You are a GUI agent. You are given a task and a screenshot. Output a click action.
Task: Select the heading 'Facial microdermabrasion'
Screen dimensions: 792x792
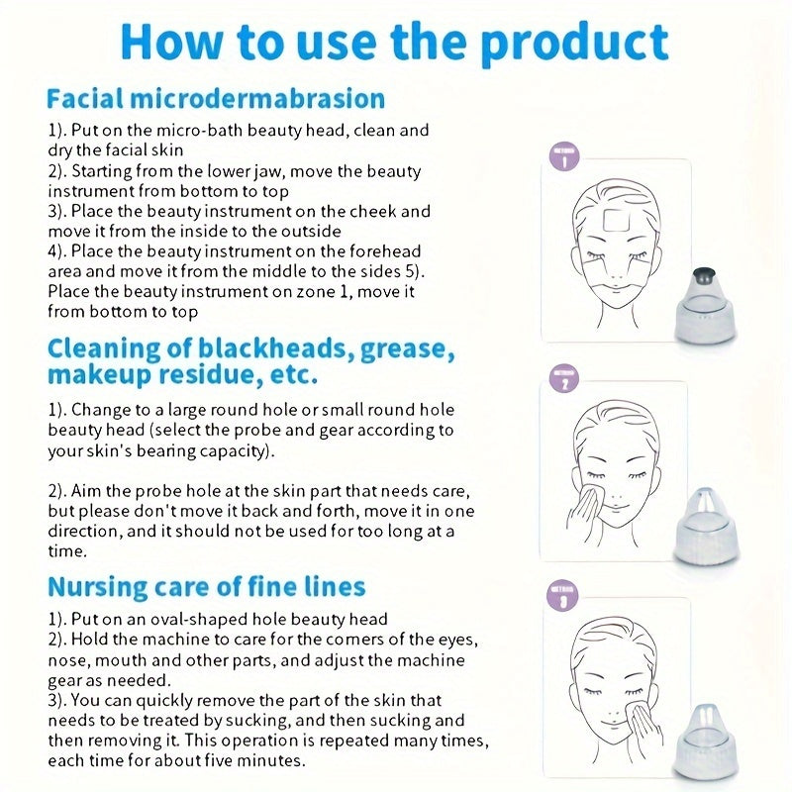[x=215, y=99]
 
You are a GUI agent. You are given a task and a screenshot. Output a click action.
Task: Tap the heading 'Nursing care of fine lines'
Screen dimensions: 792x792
[x=207, y=586]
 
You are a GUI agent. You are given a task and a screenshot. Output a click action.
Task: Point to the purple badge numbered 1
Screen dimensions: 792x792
[x=563, y=158]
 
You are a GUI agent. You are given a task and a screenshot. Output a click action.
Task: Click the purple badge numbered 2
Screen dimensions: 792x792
[x=563, y=380]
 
